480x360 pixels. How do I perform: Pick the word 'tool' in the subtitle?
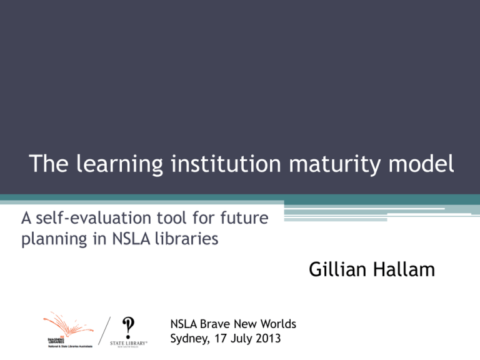[x=187, y=219]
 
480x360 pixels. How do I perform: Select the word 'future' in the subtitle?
[x=248, y=219]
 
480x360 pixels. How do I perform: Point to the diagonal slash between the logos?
[x=96, y=331]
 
